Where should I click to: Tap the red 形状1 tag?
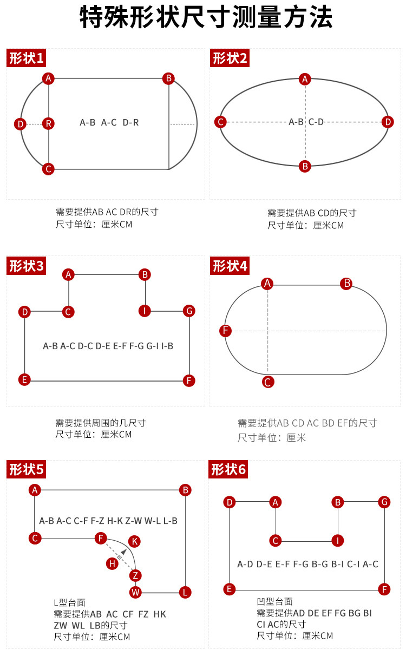(25, 58)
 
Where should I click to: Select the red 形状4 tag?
(230, 266)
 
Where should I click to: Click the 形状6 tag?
(228, 469)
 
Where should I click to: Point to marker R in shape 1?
(49, 123)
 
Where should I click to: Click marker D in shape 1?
(20, 124)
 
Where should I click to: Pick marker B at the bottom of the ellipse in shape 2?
(305, 166)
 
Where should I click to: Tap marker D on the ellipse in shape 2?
(388, 122)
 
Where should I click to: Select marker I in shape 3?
(145, 311)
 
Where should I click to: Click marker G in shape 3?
(189, 311)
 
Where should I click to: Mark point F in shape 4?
(226, 331)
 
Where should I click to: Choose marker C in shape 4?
(268, 382)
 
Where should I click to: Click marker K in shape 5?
(135, 541)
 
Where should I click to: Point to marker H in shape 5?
(112, 563)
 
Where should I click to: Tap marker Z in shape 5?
(135, 575)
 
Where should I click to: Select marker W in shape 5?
(135, 592)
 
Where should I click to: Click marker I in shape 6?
(338, 540)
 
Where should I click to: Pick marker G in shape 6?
(384, 502)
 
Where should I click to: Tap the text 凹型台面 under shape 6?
(274, 601)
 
